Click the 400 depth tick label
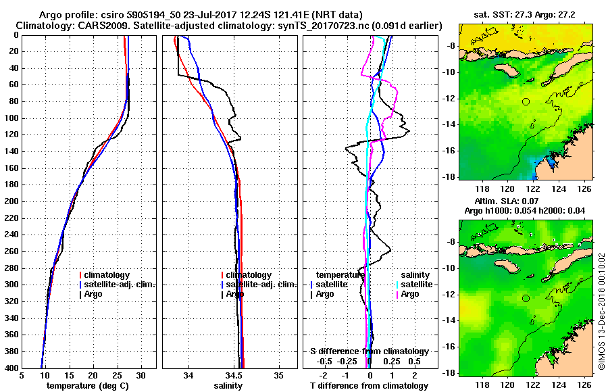point(12,368)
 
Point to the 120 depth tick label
point(12,134)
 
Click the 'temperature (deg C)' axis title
point(88,386)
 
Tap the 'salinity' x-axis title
point(228,386)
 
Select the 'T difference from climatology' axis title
point(369,386)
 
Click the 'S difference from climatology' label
point(369,351)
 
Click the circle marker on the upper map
point(526,102)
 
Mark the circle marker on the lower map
point(526,298)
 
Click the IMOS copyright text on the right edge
point(601,311)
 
